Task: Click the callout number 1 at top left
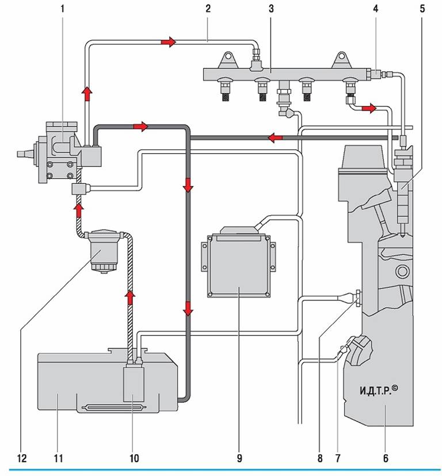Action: coord(63,9)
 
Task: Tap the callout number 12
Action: coord(22,458)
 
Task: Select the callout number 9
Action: coord(239,458)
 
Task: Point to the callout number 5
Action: coord(422,9)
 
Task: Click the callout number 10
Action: coord(134,458)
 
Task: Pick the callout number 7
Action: coord(338,458)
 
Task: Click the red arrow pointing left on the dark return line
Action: coord(275,138)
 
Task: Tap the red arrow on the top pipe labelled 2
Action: coord(169,41)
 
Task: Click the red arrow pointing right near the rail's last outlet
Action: coord(369,108)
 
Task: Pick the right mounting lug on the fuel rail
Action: coord(342,60)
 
